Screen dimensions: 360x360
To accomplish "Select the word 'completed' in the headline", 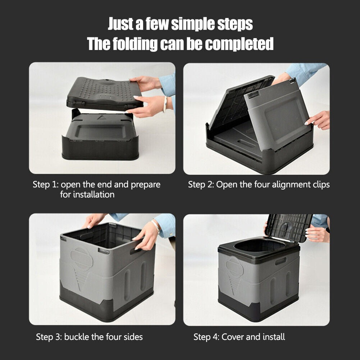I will coord(239,44).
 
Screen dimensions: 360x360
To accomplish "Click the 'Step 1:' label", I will coord(45,185).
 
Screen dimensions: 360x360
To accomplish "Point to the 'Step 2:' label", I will coord(201,185).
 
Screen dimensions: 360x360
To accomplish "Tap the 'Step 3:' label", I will coord(49,337).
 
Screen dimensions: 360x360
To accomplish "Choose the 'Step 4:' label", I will coord(206,337).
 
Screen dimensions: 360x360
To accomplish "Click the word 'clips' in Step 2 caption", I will coord(319,185).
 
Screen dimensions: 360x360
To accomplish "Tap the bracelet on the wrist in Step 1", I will coord(165,104).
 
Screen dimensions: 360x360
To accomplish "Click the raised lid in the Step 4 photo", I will coord(290,227).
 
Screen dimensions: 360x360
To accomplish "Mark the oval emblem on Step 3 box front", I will coord(81,258).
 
